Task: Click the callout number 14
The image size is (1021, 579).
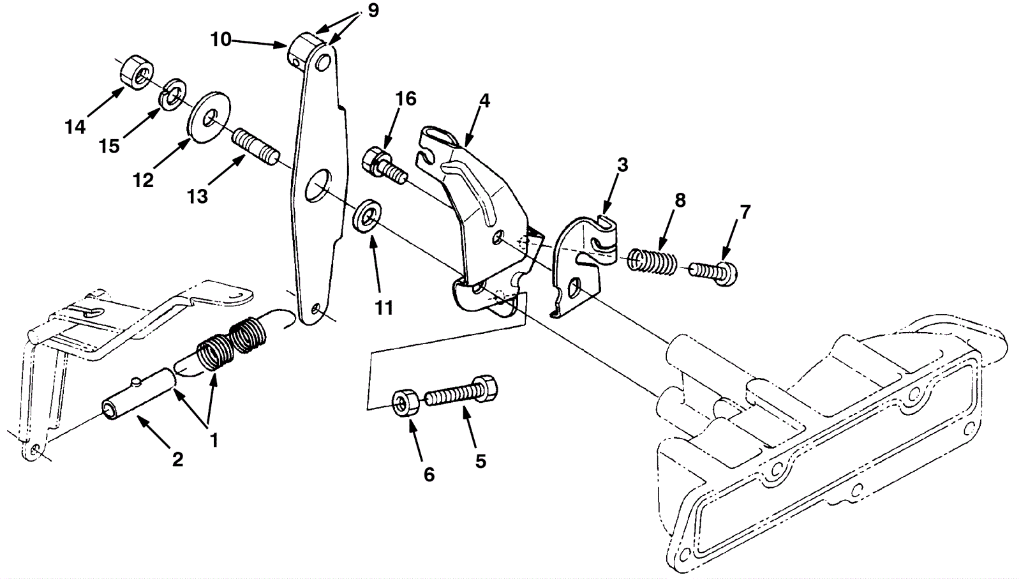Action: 75,127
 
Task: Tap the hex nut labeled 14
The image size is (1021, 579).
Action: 137,72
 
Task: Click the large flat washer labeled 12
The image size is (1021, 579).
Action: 209,117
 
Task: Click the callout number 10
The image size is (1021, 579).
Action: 221,40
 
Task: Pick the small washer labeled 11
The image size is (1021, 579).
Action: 368,215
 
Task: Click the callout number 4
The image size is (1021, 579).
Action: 484,101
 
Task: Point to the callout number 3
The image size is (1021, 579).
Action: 622,165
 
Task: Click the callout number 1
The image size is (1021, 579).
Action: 213,440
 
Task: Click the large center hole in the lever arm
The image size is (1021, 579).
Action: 320,186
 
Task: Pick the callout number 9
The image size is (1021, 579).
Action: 373,10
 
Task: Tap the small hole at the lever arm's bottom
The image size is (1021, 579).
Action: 316,310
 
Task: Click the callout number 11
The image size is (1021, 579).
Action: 384,308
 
